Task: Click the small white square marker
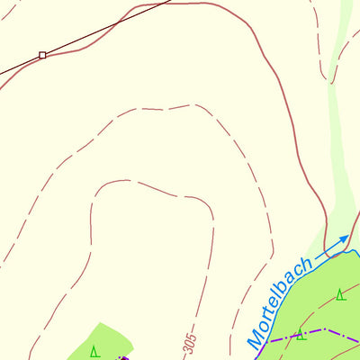coord(42,56)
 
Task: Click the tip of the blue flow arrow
coord(347,237)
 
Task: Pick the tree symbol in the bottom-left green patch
coord(94,350)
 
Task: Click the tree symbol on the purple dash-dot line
coord(301,335)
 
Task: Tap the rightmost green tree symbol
coord(340,294)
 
